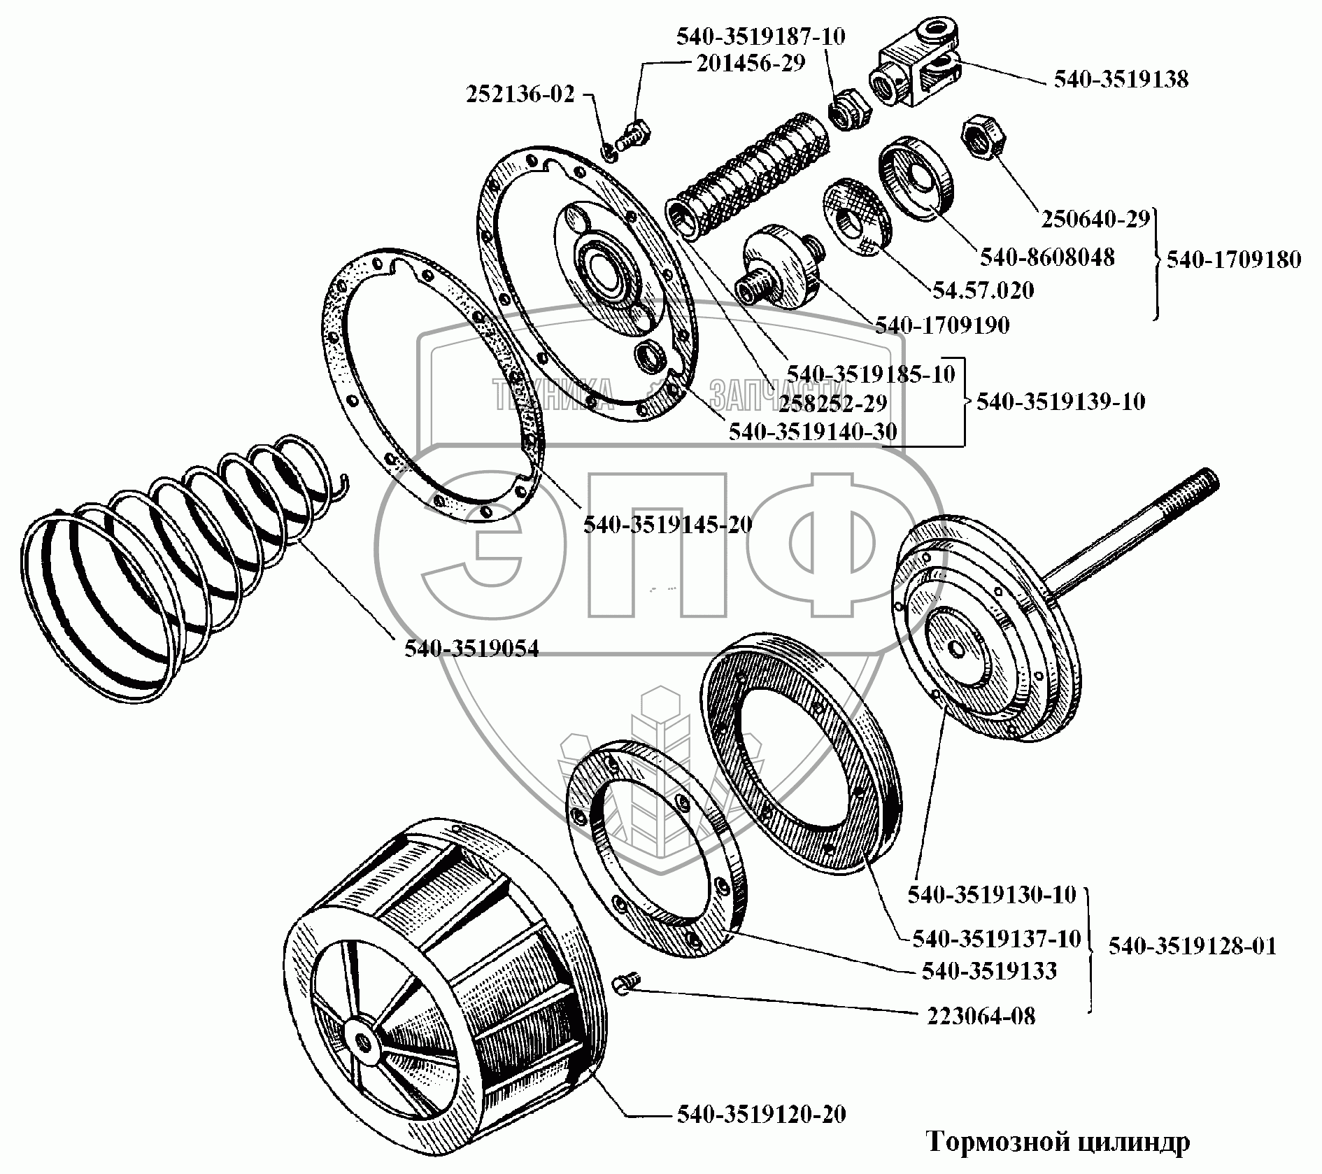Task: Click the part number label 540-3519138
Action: click(1121, 79)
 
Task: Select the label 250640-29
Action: click(1095, 219)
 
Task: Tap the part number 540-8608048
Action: click(1047, 257)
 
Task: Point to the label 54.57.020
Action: click(982, 290)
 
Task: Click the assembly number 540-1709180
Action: click(1234, 260)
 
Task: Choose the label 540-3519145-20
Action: click(667, 524)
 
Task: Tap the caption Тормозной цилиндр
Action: click(1058, 1143)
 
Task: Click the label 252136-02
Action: click(520, 95)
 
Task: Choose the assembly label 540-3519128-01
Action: click(1192, 946)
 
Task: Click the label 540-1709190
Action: click(942, 325)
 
